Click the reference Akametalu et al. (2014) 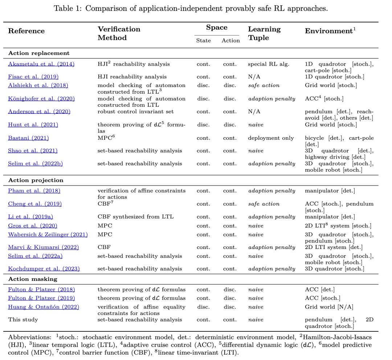pos(41,64)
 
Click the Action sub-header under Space pos(230,41)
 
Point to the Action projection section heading pos(36,180)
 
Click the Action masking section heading pos(33,279)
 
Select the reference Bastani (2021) pos(28,138)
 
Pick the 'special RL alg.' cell pos(269,64)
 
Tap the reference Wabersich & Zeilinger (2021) pos(48,234)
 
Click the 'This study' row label pos(23,320)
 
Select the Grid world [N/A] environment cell pos(329,307)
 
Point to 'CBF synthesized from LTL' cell pos(135,217)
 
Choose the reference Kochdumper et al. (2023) pos(44,269)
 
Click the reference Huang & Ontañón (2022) pos(44,307)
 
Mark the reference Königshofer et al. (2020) pos(42,98)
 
